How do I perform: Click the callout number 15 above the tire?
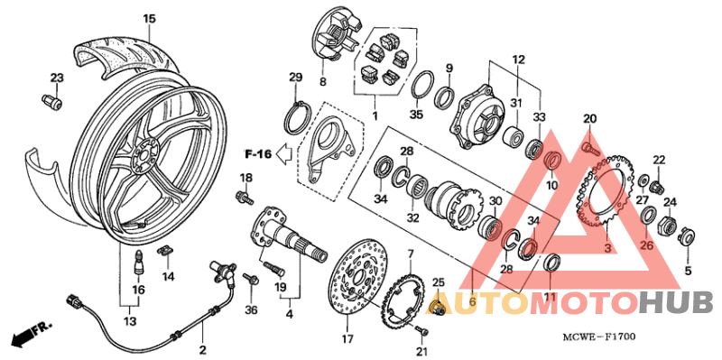(x=149, y=19)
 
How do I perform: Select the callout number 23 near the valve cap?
(x=57, y=78)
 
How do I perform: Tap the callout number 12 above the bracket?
(x=518, y=59)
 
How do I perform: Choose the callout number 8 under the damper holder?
(x=322, y=82)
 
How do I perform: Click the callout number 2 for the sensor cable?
(x=202, y=349)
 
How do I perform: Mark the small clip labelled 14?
(x=166, y=252)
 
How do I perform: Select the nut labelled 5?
(x=687, y=237)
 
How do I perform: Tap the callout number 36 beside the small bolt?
(x=251, y=310)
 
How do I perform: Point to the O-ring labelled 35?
(x=420, y=90)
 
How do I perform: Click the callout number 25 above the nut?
(x=439, y=283)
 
